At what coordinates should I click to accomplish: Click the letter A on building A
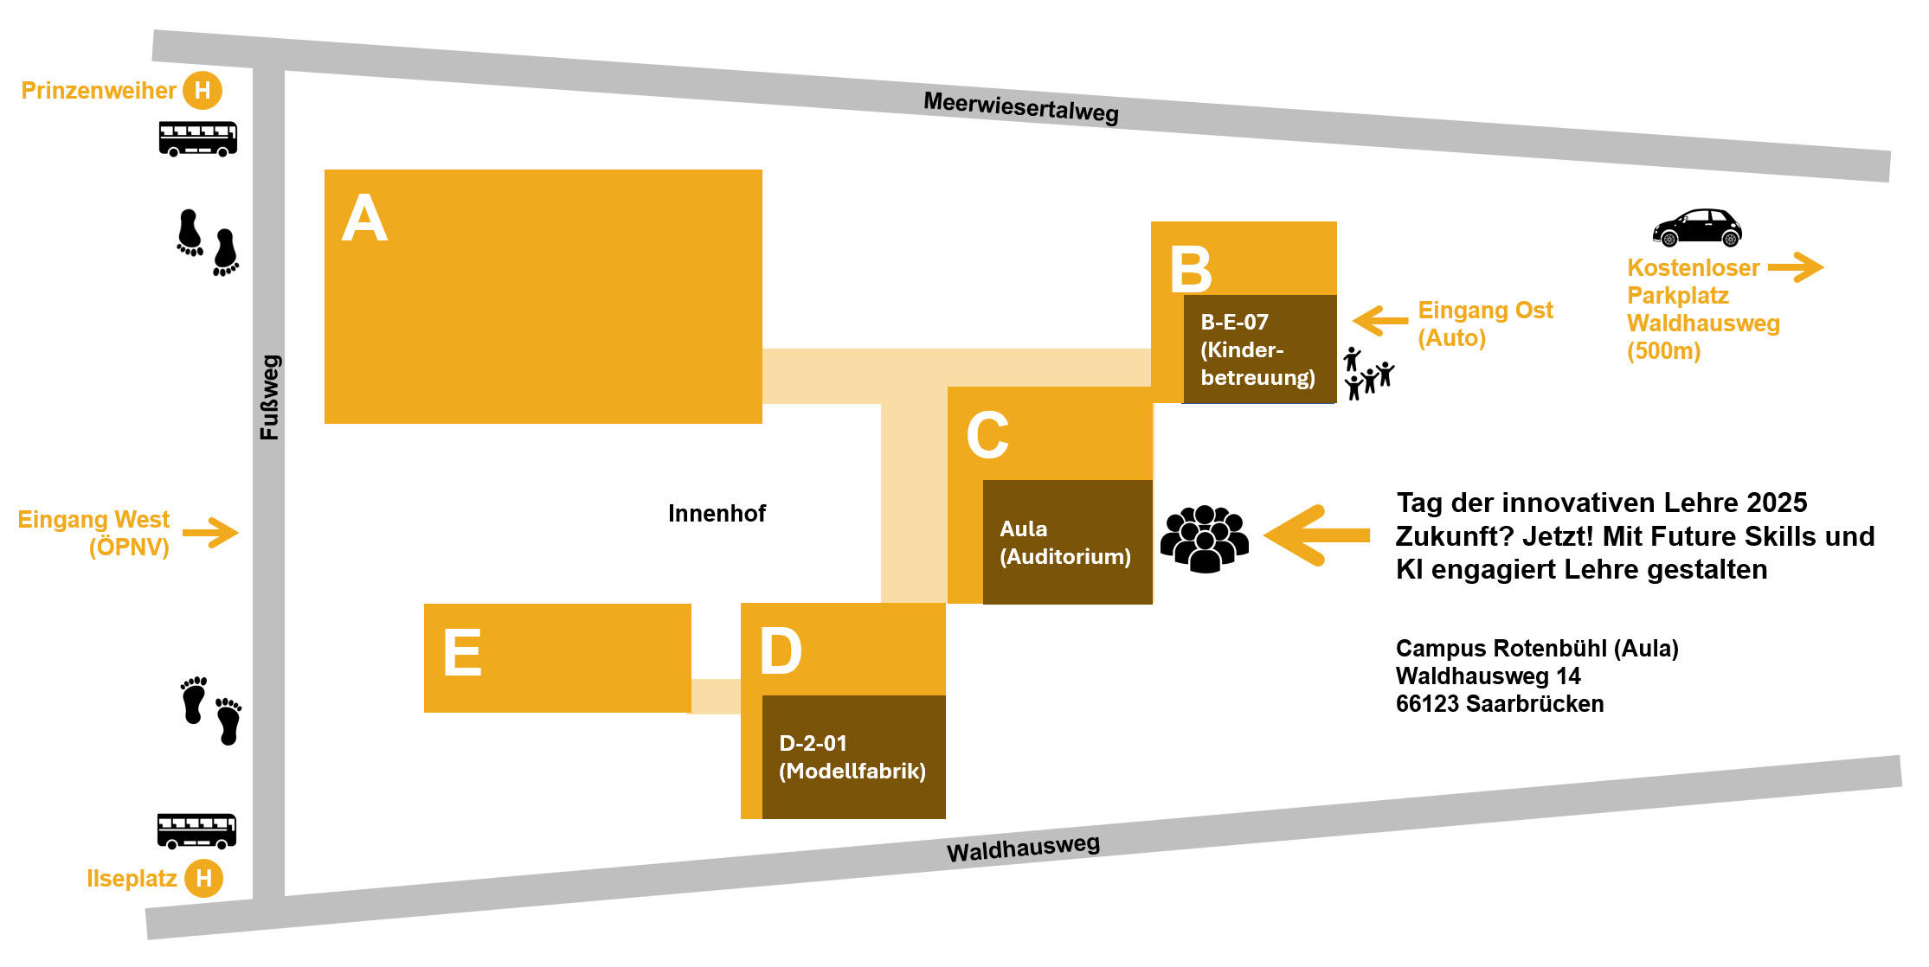tap(364, 218)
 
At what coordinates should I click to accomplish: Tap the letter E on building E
tap(462, 652)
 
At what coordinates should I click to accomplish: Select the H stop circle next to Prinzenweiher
tap(203, 90)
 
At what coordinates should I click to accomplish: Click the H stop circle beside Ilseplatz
tap(204, 879)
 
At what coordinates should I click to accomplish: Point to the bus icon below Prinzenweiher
tap(197, 138)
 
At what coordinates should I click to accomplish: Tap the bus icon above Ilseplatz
tap(196, 830)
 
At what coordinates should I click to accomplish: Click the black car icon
tap(1696, 227)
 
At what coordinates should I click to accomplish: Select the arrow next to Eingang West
tap(210, 533)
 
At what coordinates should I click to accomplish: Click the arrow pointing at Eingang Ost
tap(1380, 321)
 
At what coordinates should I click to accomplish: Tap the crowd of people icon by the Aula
tap(1204, 539)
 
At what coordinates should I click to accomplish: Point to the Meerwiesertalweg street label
tap(1021, 107)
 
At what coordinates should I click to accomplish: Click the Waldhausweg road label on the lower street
tap(1023, 848)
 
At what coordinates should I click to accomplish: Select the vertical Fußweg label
tap(270, 397)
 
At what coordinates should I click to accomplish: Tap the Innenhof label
tap(717, 514)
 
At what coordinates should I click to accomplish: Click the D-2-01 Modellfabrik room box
tap(853, 757)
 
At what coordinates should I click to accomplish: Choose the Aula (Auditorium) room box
tap(1067, 542)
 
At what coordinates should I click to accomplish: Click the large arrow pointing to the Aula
tap(1317, 535)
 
